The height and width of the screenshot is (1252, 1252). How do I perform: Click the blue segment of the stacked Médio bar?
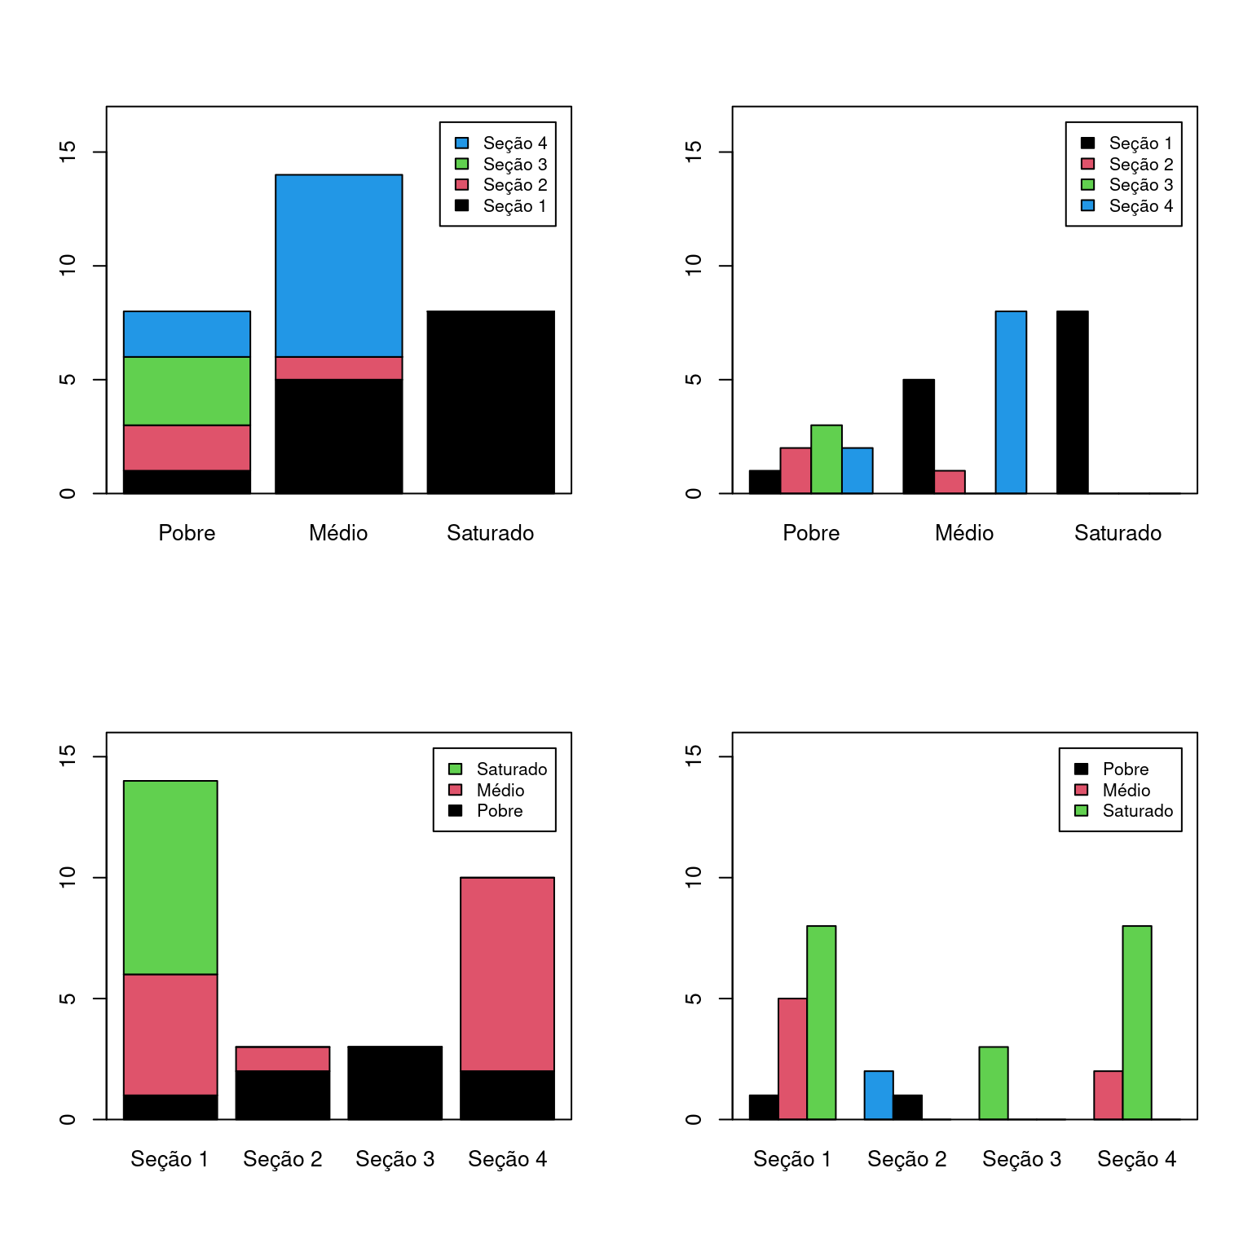point(338,265)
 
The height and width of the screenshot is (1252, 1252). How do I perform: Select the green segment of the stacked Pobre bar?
point(187,390)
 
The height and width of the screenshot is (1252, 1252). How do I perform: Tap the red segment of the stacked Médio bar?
point(338,368)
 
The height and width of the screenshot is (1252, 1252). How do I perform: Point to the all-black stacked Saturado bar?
point(491,402)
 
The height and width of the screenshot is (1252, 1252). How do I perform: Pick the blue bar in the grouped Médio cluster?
point(1010,402)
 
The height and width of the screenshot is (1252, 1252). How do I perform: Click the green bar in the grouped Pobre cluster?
point(826,459)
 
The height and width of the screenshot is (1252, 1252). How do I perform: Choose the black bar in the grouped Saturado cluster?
point(1072,402)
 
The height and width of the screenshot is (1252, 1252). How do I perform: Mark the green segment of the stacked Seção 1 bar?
point(170,877)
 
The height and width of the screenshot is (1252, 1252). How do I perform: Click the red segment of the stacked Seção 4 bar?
point(507,973)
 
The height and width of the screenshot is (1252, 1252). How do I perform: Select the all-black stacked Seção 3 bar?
point(395,1082)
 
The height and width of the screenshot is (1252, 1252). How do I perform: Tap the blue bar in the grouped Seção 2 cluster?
point(878,1095)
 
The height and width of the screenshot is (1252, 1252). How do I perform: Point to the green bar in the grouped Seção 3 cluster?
point(993,1082)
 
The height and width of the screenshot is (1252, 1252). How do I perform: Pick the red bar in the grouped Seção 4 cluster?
point(1108,1095)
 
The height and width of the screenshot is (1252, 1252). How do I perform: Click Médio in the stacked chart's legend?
point(500,790)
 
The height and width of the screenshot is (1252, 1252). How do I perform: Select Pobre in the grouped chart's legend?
point(1125,769)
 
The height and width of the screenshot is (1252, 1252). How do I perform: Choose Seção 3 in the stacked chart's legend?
point(514,164)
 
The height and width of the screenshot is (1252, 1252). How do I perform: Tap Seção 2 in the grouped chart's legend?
point(1140,164)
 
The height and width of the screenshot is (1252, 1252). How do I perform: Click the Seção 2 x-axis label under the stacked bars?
point(282,1158)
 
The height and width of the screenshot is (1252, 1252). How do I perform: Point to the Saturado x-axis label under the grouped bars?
point(1118,532)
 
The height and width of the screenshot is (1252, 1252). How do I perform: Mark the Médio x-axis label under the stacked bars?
point(338,532)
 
